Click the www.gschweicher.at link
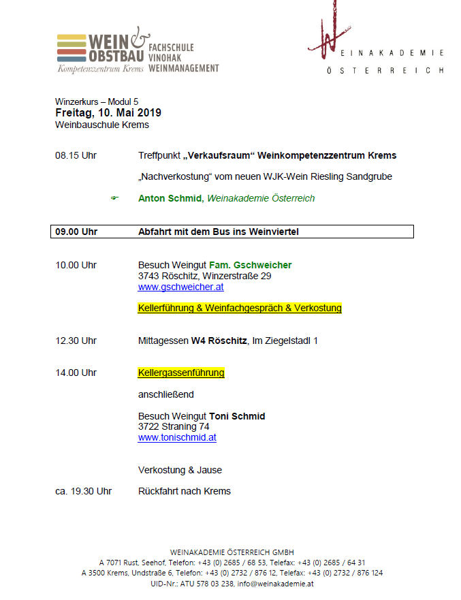(x=180, y=287)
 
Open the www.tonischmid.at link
(x=177, y=437)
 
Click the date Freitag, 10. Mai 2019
(x=108, y=112)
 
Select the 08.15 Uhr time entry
(x=76, y=155)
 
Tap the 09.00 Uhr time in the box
(x=76, y=232)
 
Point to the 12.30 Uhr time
(x=76, y=341)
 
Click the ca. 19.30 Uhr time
(x=83, y=491)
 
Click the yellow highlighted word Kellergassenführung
(x=181, y=373)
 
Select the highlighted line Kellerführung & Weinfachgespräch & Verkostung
(x=240, y=308)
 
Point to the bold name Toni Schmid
(x=237, y=416)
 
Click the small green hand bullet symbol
(x=114, y=198)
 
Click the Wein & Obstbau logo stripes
(x=71, y=48)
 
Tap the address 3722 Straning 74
(x=174, y=426)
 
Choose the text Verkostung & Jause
(x=180, y=470)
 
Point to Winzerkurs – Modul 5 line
(x=96, y=101)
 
